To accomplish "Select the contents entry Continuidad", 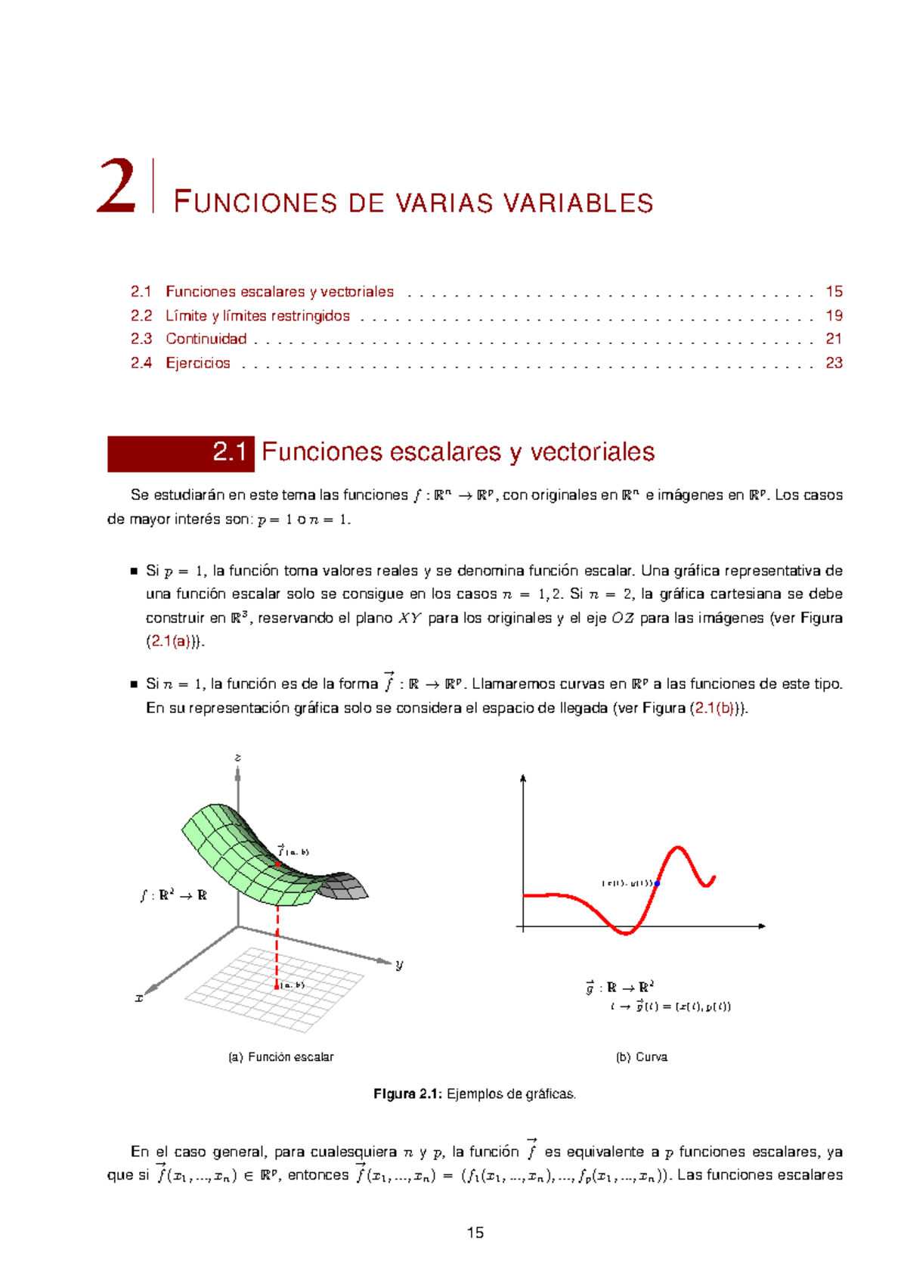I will click(206, 339).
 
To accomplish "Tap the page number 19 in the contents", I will click(834, 315).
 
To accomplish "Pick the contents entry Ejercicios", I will click(197, 363).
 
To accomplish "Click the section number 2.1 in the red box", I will click(230, 452).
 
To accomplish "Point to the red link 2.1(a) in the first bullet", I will click(173, 641).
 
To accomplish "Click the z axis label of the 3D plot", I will click(237, 757).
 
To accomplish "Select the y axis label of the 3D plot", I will click(399, 964).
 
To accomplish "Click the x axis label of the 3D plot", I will click(139, 998).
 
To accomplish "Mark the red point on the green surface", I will click(278, 864).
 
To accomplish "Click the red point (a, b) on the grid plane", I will click(277, 986).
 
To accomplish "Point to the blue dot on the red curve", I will click(657, 883).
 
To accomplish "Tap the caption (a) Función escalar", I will click(280, 1057).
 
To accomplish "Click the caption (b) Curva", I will click(641, 1057).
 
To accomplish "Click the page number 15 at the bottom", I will click(475, 1233).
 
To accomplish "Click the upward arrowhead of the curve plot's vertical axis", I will click(523, 778).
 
